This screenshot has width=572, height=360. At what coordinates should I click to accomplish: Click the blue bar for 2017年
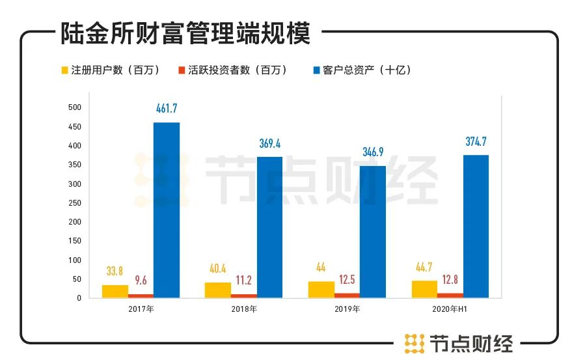pos(167,210)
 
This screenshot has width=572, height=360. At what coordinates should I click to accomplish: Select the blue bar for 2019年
pos(372,232)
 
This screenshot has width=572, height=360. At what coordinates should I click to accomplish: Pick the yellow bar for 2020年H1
pos(424,289)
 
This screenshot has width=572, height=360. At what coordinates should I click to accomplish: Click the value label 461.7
pos(167,109)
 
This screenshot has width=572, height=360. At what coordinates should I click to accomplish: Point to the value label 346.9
pos(374,152)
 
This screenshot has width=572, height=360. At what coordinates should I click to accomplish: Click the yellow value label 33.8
pos(115,271)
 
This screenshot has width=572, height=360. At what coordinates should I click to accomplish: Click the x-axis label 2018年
pos(244,308)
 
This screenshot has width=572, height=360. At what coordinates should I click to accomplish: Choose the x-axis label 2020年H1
pos(450,308)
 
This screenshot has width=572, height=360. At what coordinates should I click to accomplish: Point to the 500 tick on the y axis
pos(75,107)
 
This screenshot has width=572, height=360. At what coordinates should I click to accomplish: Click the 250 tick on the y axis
pos(75,202)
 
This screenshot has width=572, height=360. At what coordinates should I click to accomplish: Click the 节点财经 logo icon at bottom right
pos(414,342)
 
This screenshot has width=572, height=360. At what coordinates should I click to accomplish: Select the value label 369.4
pos(270,143)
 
